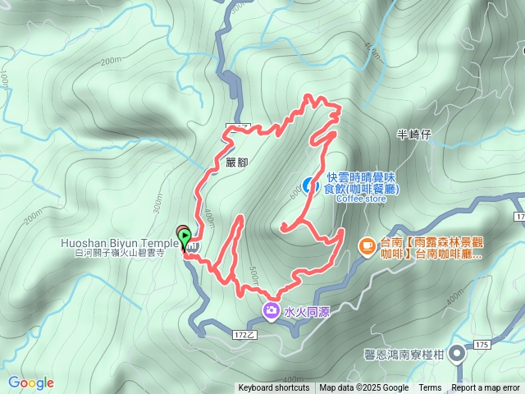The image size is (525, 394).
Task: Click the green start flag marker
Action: point(184,235)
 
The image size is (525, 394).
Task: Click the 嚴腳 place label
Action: point(236,163)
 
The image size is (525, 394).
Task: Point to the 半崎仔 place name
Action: point(413,134)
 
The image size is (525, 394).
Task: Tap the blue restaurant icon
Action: point(312,185)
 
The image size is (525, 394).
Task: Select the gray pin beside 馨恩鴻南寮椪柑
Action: point(457,353)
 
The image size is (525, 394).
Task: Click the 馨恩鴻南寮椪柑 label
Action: point(404,354)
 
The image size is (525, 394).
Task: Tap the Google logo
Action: point(30,383)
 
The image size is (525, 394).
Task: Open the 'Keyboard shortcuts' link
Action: point(273,388)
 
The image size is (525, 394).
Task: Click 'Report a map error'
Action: point(486,388)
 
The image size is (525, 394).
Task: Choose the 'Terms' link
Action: point(430,388)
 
